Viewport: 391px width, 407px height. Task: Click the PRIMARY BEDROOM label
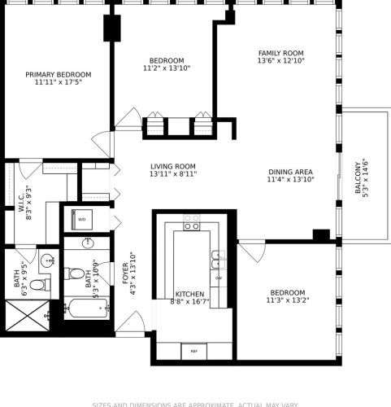[x=58, y=74]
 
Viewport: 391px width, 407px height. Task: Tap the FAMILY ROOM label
[x=280, y=53]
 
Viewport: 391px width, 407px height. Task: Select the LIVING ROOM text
[x=172, y=165]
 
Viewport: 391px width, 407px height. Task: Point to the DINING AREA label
[x=290, y=172]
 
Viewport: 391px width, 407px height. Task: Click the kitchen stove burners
[x=192, y=222]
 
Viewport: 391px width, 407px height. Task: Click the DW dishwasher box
[x=218, y=278]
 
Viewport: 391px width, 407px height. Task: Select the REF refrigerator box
[x=193, y=350]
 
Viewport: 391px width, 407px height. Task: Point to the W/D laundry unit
[x=82, y=219]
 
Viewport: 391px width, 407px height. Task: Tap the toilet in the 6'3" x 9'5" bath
[x=42, y=283]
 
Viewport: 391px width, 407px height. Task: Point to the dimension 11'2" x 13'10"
[x=167, y=69]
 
